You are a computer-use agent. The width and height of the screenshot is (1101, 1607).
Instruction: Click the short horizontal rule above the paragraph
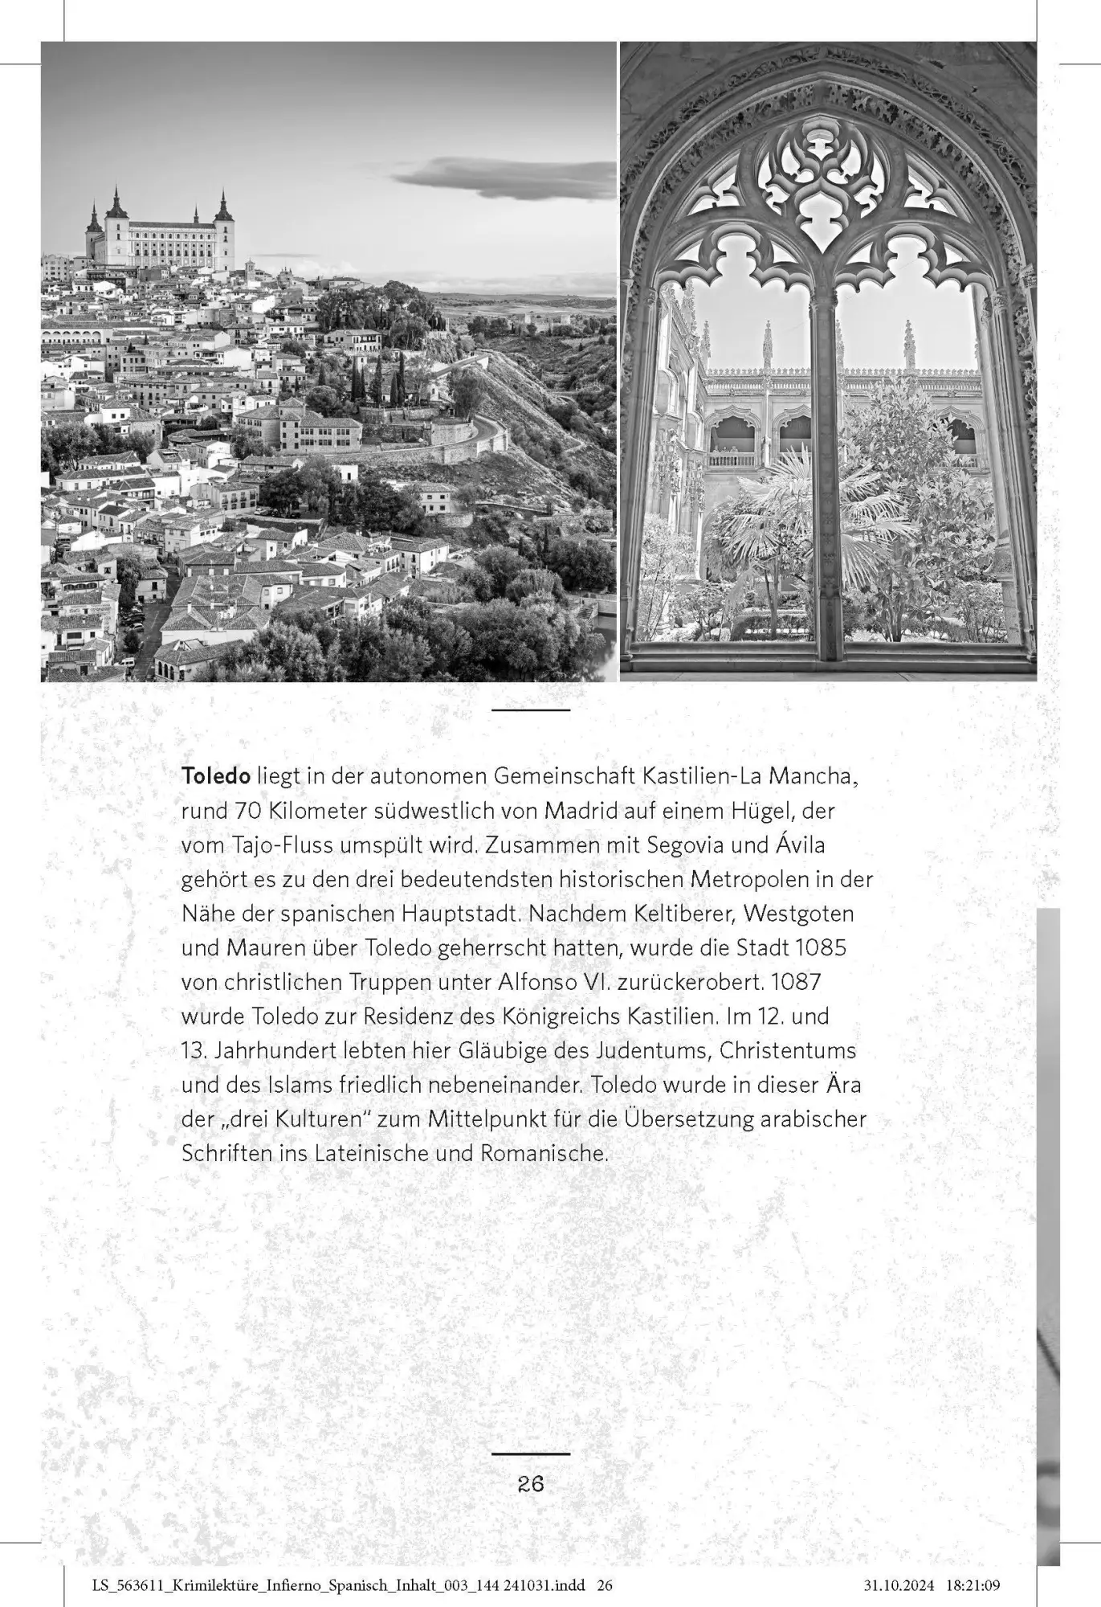[x=531, y=710]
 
